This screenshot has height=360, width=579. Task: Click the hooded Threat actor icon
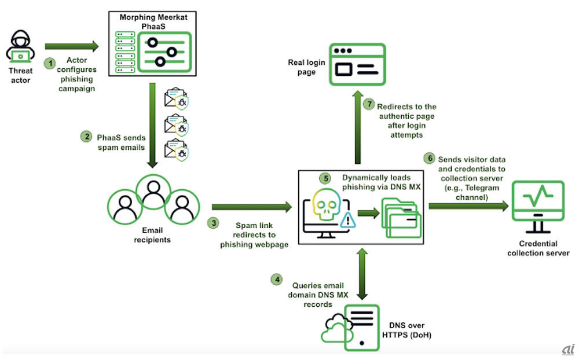[21, 47]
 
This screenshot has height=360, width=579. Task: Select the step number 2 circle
[85, 137]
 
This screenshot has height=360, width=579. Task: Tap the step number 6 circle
[429, 157]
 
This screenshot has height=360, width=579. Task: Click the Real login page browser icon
[357, 64]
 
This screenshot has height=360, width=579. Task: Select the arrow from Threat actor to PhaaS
[72, 46]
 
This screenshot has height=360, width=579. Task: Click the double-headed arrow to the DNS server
[362, 273]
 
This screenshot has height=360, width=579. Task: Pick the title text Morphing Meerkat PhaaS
[154, 21]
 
